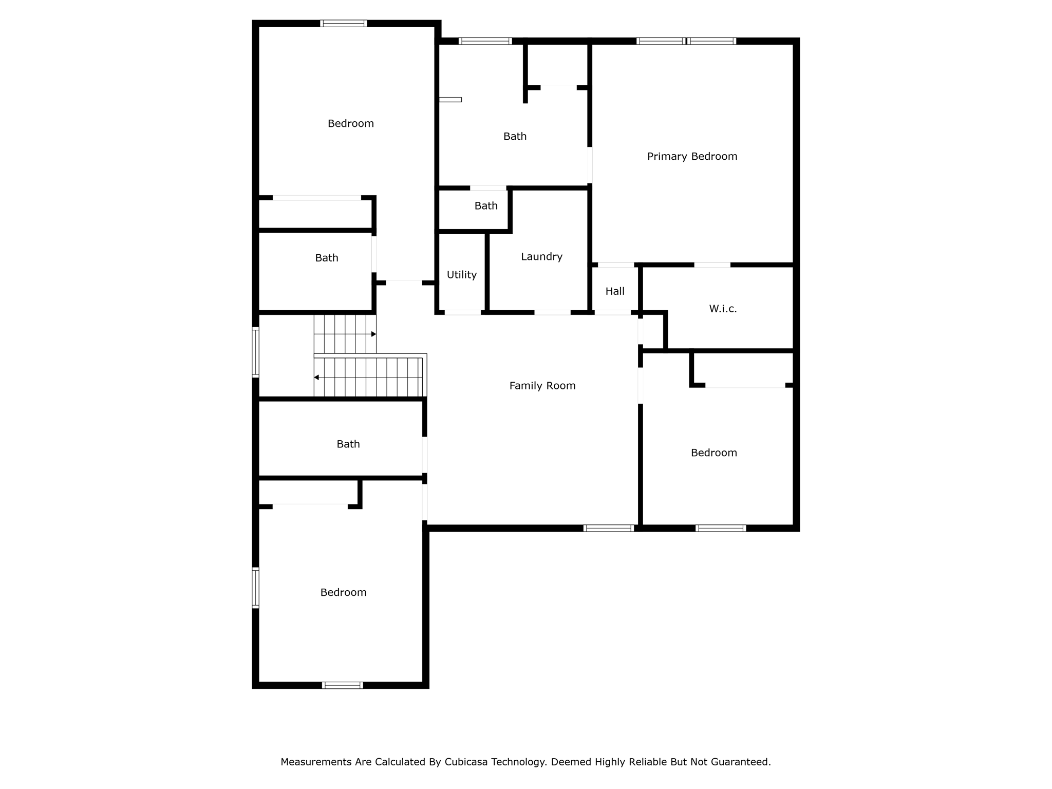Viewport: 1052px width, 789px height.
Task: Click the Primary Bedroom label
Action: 692,156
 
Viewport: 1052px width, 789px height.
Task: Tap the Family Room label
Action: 542,386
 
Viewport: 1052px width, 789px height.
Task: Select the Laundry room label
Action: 541,256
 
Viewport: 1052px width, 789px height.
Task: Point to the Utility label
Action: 461,275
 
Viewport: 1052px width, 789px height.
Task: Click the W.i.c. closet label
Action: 723,309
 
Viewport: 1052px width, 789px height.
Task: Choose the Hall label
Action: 615,291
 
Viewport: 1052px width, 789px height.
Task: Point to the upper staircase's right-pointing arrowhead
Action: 373,334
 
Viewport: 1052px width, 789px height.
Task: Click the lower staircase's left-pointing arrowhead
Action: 316,378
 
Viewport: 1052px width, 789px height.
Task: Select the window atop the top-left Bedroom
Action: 343,23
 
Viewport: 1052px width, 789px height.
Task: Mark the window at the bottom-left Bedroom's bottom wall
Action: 342,685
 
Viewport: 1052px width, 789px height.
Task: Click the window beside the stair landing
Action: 255,352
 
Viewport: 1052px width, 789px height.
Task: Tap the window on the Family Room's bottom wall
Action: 609,528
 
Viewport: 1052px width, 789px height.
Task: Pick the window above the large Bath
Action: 485,41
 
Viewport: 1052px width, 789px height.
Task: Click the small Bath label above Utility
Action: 486,206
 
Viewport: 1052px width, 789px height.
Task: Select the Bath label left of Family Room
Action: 348,444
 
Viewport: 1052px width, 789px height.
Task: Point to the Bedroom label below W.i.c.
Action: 713,453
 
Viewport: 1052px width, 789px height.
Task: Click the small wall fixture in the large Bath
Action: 450,100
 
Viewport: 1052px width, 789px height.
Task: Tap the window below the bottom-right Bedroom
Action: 721,528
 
